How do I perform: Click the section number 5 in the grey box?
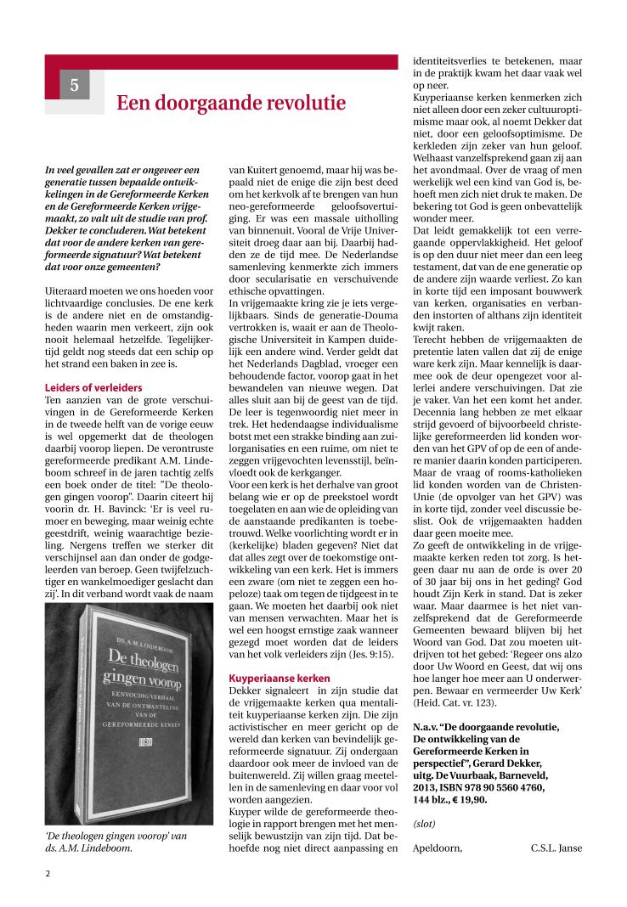tap(74, 85)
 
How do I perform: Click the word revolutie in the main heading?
tap(296, 103)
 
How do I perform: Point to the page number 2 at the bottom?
tap(48, 872)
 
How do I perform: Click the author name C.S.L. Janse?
tap(556, 847)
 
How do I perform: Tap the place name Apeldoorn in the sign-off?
tap(437, 847)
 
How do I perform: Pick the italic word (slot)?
tap(425, 824)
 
